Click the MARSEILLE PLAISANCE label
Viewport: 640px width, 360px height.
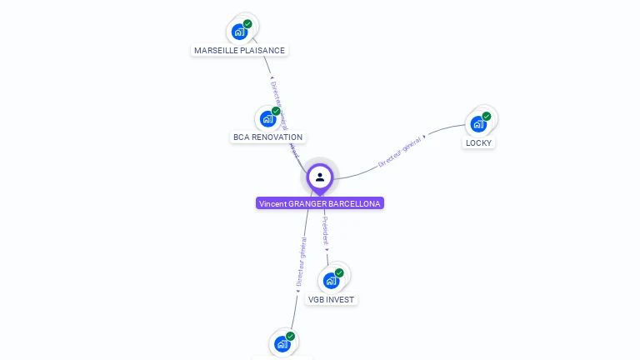(x=239, y=50)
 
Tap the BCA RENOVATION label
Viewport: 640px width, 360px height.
(x=267, y=137)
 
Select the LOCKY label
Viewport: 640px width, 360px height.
(x=479, y=142)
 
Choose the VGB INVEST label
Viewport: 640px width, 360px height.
(x=331, y=299)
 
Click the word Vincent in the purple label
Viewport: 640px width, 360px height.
(x=272, y=203)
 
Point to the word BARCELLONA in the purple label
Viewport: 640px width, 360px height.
(x=354, y=203)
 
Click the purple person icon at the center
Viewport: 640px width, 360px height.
(x=320, y=177)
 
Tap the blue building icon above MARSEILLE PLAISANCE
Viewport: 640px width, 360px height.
(x=240, y=32)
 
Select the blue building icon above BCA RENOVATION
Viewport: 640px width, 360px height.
(x=267, y=118)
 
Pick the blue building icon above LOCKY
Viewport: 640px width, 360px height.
(x=478, y=124)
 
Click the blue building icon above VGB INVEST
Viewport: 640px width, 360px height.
(x=331, y=281)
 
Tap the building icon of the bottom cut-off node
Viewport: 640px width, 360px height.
(x=282, y=343)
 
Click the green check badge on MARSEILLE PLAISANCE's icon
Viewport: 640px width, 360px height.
(x=247, y=24)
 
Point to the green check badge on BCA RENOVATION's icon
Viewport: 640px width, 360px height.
(x=276, y=111)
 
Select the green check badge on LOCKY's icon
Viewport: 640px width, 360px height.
(x=487, y=117)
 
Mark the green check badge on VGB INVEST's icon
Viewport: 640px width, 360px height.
(x=339, y=272)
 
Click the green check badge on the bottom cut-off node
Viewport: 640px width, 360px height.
(x=290, y=336)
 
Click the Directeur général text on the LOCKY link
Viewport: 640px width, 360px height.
(x=401, y=152)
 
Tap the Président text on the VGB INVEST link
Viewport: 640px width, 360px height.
(x=325, y=232)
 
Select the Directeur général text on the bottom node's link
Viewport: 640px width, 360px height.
(x=301, y=261)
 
